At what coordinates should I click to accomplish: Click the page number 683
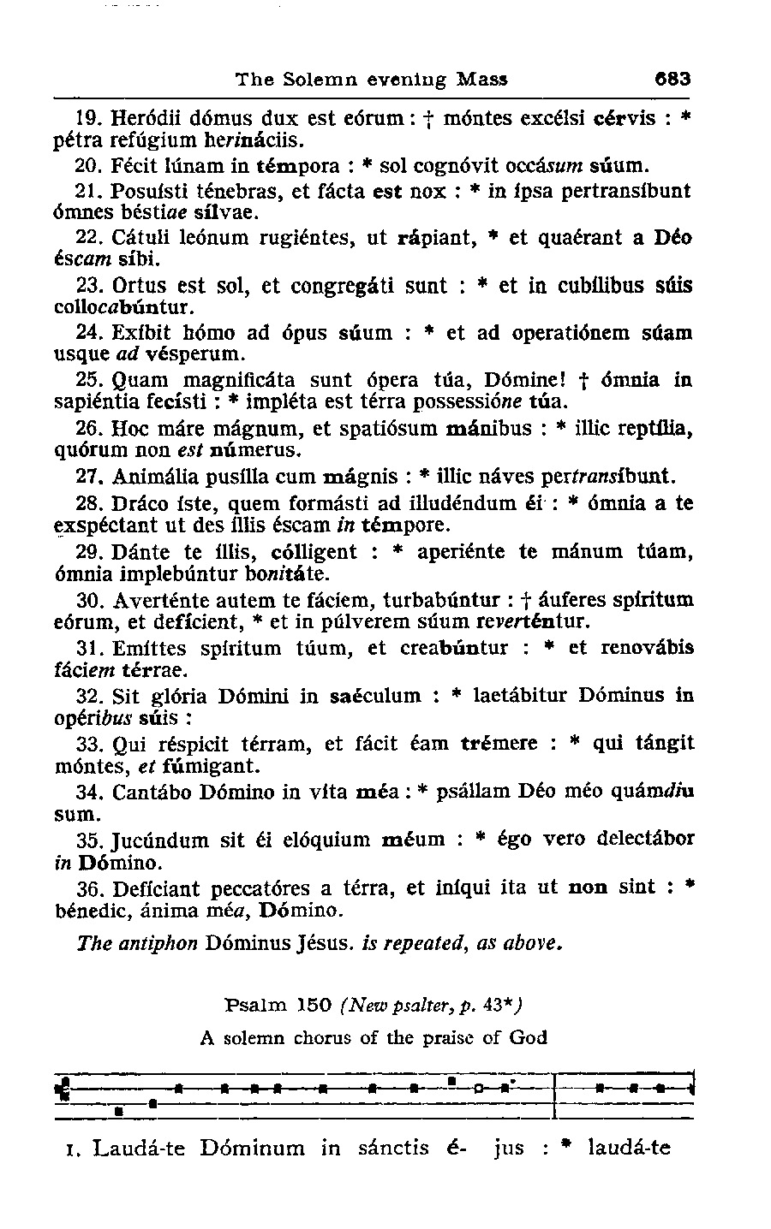pos(672,80)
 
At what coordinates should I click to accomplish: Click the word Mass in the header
pos(482,80)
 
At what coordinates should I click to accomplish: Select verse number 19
pos(92,118)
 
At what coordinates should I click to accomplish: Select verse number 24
pos(92,332)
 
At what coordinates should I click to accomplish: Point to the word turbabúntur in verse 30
pos(443,599)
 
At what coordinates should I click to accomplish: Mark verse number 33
pos(92,743)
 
